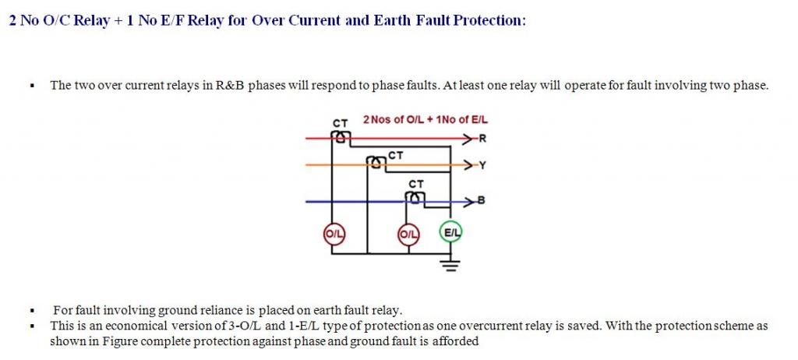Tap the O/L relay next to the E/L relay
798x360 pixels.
pos(408,235)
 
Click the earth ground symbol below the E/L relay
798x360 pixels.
pos(450,265)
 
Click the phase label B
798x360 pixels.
pos(481,201)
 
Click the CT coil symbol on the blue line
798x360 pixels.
pos(415,196)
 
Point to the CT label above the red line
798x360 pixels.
pos(340,123)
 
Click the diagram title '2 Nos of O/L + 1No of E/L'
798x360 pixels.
pos(425,120)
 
